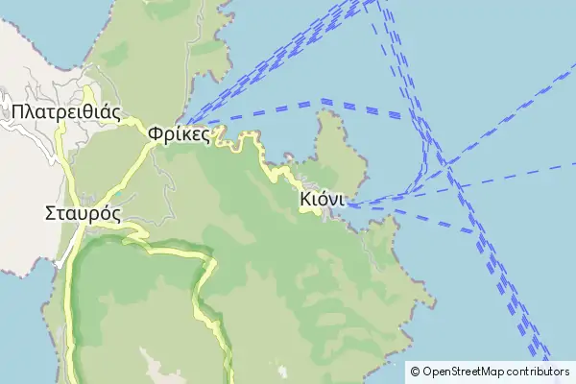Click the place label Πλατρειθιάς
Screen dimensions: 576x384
66,111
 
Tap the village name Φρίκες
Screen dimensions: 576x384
180,134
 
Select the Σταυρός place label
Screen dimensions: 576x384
83,213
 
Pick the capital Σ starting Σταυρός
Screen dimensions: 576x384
51,213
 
